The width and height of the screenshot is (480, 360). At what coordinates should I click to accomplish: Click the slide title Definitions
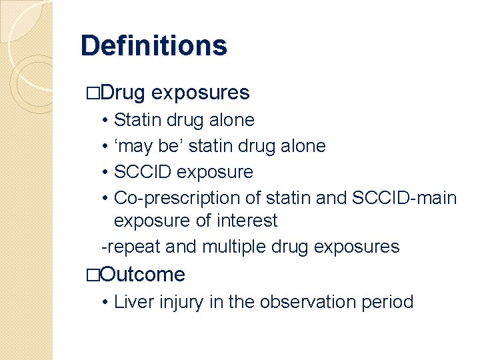coord(153,46)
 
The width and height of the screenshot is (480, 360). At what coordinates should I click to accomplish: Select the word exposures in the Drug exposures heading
coord(201,93)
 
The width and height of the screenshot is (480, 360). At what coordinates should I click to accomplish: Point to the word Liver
coord(129,302)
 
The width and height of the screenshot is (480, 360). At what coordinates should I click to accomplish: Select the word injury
coord(176,302)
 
